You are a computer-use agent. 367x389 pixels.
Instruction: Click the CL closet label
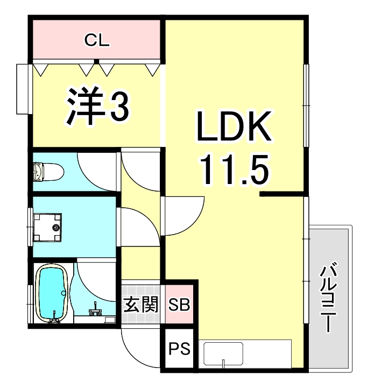click(97, 39)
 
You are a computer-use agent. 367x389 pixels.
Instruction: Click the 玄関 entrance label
click(141, 305)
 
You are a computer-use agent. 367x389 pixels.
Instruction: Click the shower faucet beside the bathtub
click(96, 311)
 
